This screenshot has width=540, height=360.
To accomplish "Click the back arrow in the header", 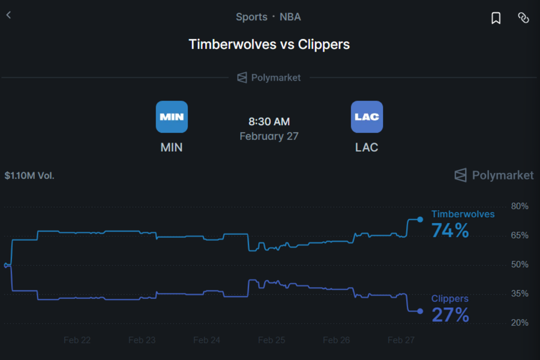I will (8, 15).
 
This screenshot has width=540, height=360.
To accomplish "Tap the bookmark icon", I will (496, 18).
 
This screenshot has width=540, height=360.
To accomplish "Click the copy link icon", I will (523, 18).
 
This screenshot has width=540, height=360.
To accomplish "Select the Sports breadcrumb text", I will (251, 17).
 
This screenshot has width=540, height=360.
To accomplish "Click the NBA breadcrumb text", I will (290, 17).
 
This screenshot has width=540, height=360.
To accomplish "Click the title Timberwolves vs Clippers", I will (269, 44).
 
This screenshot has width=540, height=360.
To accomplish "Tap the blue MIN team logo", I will (172, 116).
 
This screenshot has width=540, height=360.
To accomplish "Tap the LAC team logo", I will (367, 116).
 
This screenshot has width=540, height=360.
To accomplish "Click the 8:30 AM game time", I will (269, 122).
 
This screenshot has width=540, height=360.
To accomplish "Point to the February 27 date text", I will (269, 136).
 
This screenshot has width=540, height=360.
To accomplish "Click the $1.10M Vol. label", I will (29, 176).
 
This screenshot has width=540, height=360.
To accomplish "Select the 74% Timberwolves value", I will (450, 230).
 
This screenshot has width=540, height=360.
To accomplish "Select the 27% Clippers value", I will (450, 315).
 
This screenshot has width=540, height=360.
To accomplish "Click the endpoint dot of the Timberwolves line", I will (420, 220).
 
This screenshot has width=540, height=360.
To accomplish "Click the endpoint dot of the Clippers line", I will (420, 311).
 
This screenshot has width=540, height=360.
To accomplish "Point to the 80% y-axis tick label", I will (519, 206).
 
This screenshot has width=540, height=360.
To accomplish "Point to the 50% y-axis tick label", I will (519, 265).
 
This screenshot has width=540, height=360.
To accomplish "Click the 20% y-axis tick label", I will (519, 323).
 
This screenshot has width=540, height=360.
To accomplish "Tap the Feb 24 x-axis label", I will (207, 340).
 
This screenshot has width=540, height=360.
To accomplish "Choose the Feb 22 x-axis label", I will (77, 340).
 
